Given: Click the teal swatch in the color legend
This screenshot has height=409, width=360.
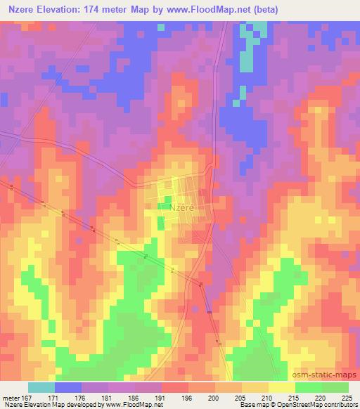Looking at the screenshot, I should click(x=41, y=387).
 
